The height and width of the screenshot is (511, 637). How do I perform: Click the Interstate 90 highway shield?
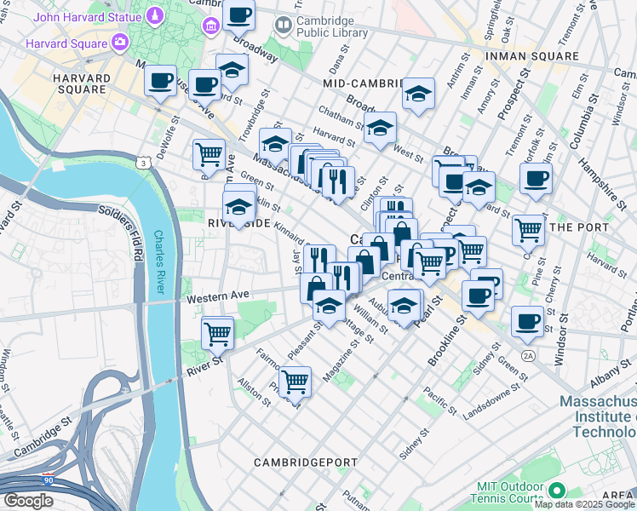point(48,479)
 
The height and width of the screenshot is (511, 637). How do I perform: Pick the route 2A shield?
point(528,355)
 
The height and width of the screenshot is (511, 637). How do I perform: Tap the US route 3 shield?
point(143,162)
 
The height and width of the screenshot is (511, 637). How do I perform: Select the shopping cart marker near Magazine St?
point(295,381)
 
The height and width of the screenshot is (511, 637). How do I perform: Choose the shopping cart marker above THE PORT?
point(528,228)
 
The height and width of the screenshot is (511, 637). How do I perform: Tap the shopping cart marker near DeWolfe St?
point(209,154)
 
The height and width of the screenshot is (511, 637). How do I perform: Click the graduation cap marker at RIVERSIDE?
point(238,206)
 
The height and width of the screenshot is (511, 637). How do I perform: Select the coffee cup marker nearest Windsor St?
point(527,321)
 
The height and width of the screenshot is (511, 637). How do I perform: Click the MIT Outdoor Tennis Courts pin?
point(556,491)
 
